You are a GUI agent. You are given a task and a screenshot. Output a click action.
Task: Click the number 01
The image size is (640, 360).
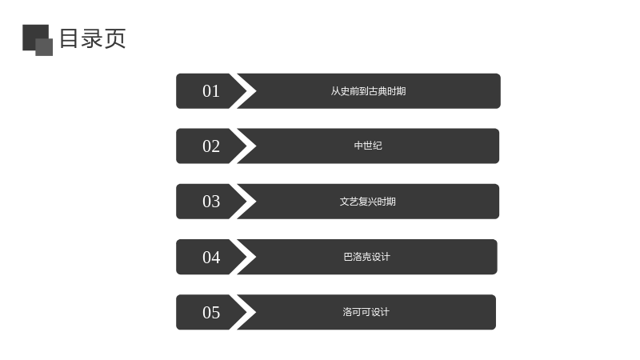(211, 91)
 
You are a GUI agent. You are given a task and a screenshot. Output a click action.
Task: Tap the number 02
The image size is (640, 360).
(211, 146)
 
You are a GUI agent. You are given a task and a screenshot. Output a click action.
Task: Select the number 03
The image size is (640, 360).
(211, 202)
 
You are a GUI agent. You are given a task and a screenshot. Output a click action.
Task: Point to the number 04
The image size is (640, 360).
(211, 257)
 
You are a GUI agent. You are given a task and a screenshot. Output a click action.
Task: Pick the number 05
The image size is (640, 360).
(211, 312)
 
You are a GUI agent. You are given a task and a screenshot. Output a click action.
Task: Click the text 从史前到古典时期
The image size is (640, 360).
(368, 91)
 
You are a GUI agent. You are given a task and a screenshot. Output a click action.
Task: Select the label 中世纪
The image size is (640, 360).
(368, 146)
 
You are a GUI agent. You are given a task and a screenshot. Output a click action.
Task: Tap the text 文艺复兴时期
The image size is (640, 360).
(368, 202)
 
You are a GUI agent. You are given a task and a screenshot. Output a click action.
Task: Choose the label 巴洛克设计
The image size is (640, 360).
(367, 257)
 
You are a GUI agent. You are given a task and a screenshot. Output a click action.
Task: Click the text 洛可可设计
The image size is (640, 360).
(366, 312)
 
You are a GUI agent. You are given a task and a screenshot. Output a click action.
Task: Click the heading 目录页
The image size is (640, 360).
(93, 38)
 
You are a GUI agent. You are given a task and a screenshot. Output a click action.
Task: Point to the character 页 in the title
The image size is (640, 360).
(114, 38)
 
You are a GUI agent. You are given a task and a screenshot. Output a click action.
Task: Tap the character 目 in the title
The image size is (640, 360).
(69, 38)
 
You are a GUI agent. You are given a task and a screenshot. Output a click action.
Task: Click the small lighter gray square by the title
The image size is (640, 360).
(44, 47)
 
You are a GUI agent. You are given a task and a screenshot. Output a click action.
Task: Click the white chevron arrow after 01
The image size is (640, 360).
(243, 91)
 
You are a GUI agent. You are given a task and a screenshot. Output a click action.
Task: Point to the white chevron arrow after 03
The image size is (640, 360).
(243, 202)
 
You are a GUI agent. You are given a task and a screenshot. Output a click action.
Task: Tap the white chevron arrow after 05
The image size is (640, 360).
(243, 312)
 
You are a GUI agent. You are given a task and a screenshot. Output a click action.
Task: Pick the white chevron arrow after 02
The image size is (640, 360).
(243, 146)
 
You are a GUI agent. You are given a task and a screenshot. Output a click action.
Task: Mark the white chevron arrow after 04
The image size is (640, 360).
(243, 257)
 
